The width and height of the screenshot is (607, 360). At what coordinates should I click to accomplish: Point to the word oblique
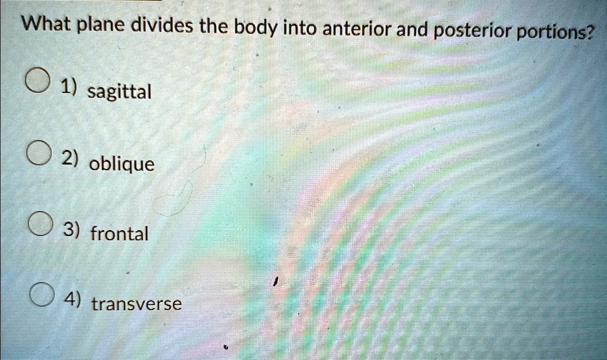tap(122, 164)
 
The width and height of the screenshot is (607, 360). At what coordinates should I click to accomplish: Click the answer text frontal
tap(119, 234)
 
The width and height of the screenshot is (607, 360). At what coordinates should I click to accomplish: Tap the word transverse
tap(137, 304)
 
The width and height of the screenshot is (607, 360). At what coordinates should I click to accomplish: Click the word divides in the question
tap(162, 26)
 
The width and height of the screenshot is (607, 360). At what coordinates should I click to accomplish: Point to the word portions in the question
tap(555, 33)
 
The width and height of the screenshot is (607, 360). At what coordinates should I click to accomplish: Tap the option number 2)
tap(71, 159)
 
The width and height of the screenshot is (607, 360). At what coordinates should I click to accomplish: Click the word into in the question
tap(299, 28)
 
